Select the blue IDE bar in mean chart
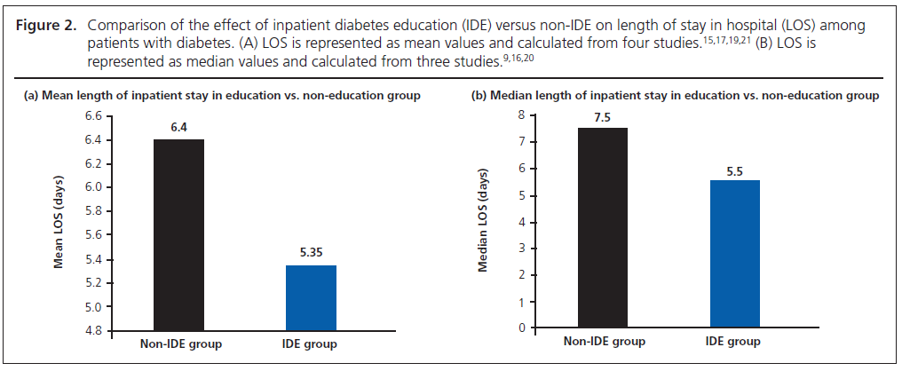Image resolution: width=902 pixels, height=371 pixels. [x=312, y=297]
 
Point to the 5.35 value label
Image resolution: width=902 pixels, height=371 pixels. [x=312, y=254]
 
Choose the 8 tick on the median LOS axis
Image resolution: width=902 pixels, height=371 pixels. [x=521, y=115]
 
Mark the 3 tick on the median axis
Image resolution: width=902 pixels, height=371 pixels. [x=521, y=249]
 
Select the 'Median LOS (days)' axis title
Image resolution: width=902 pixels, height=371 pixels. [x=486, y=222]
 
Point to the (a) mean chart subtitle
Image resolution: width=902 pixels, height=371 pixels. [x=221, y=95]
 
